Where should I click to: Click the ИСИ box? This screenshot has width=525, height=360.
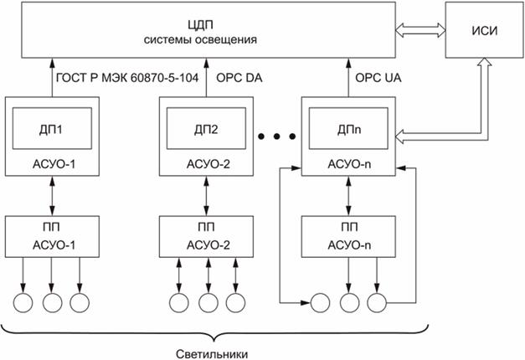482,30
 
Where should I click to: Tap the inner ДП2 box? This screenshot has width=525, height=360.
203,131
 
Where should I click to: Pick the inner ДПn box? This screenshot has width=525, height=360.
346,131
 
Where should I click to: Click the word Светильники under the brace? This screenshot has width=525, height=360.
215,352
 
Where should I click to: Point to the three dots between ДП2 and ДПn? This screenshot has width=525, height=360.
275,136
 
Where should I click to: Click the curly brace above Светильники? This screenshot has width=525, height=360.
215,331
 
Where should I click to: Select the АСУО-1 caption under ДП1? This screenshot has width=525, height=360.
52,162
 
